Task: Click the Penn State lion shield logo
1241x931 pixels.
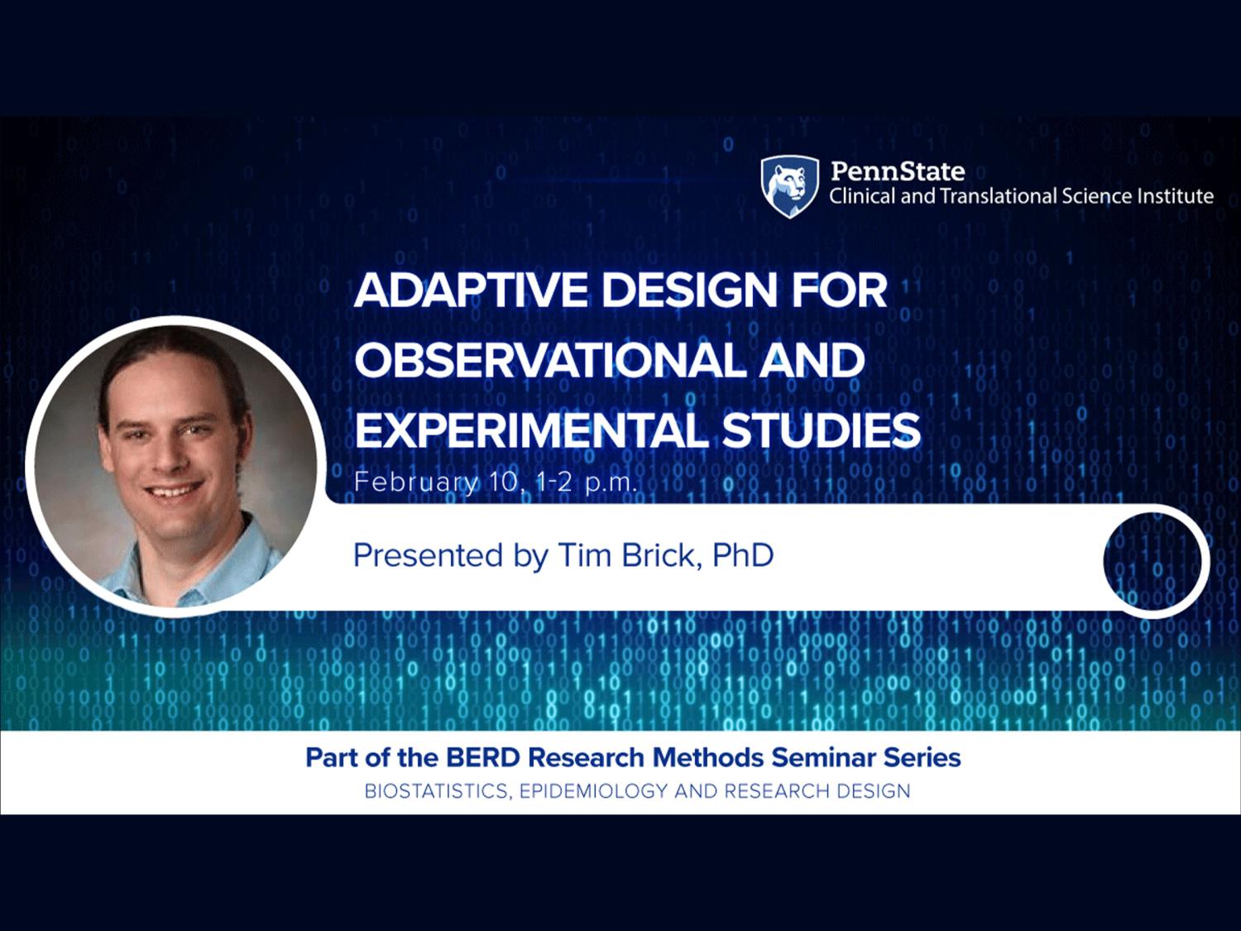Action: (x=789, y=186)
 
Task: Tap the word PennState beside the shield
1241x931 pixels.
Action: (x=898, y=171)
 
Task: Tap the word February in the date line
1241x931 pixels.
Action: (x=415, y=483)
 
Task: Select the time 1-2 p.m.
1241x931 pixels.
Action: (x=585, y=483)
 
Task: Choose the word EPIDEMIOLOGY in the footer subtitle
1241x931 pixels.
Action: (x=593, y=791)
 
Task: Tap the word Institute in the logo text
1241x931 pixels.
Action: (x=1181, y=197)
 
